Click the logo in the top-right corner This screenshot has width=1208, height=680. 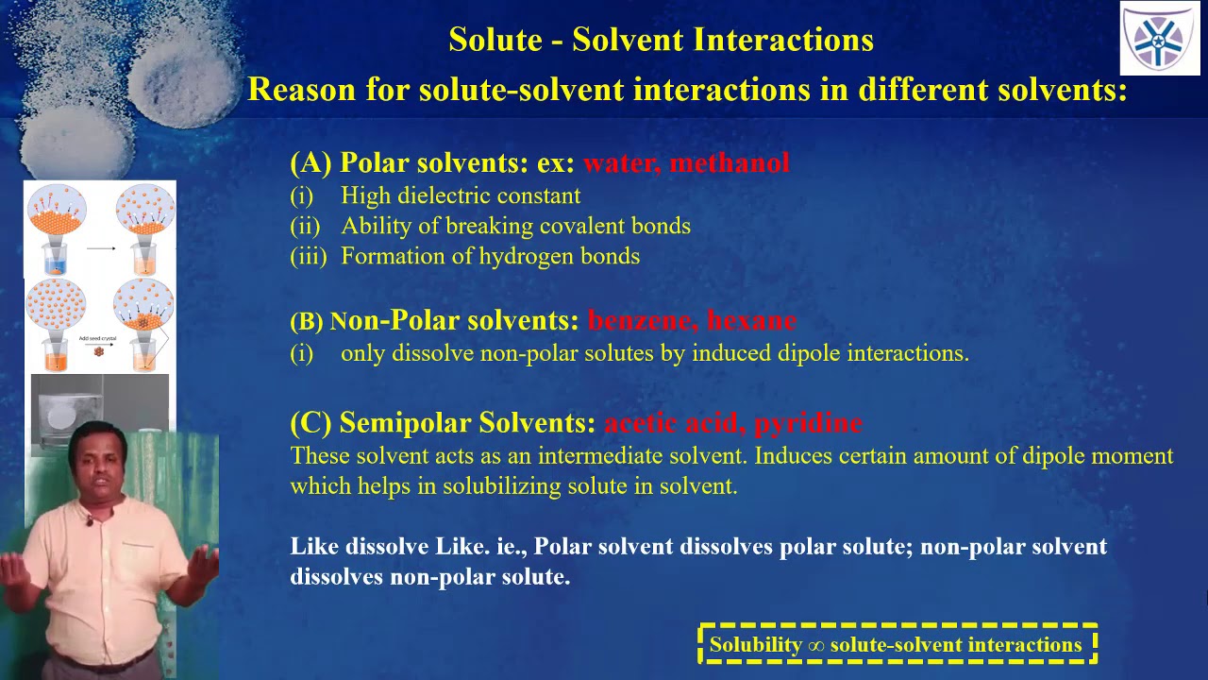pos(1160,39)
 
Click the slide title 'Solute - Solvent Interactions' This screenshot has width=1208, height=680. pos(661,40)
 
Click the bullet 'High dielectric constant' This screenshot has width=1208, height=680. pos(461,195)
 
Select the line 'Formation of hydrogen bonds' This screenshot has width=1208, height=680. pos(490,256)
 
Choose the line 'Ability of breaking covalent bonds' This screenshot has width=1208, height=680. pos(515,226)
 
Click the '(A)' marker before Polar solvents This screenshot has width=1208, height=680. pos(310,163)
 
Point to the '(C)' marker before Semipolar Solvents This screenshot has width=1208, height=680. pos(310,422)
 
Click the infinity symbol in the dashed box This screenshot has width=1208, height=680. pos(817,646)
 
